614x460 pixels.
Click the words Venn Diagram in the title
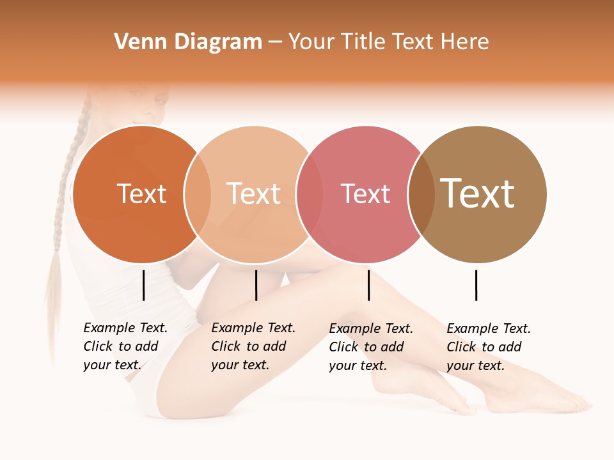click(188, 42)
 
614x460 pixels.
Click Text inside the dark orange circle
click(141, 194)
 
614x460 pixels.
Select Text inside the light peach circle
click(253, 194)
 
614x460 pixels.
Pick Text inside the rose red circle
click(365, 194)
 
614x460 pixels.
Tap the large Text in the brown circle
click(477, 194)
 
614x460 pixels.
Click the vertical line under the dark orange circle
click(143, 285)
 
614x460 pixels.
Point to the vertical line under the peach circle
click(256, 285)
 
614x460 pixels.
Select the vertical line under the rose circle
click(368, 285)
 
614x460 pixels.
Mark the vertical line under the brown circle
click(476, 285)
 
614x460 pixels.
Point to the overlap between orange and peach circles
click(198, 194)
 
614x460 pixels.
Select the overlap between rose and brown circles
click(421, 194)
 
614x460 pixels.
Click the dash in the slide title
click(274, 42)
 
